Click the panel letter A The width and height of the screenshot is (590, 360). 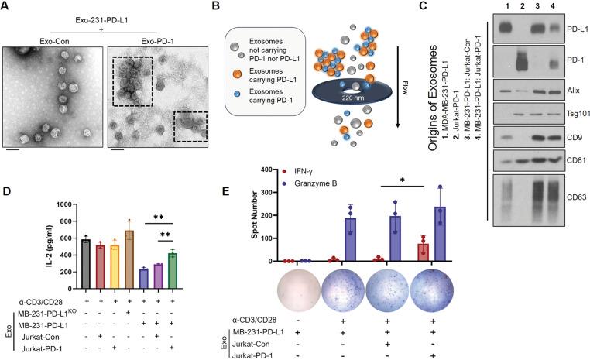[x=6, y=7]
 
